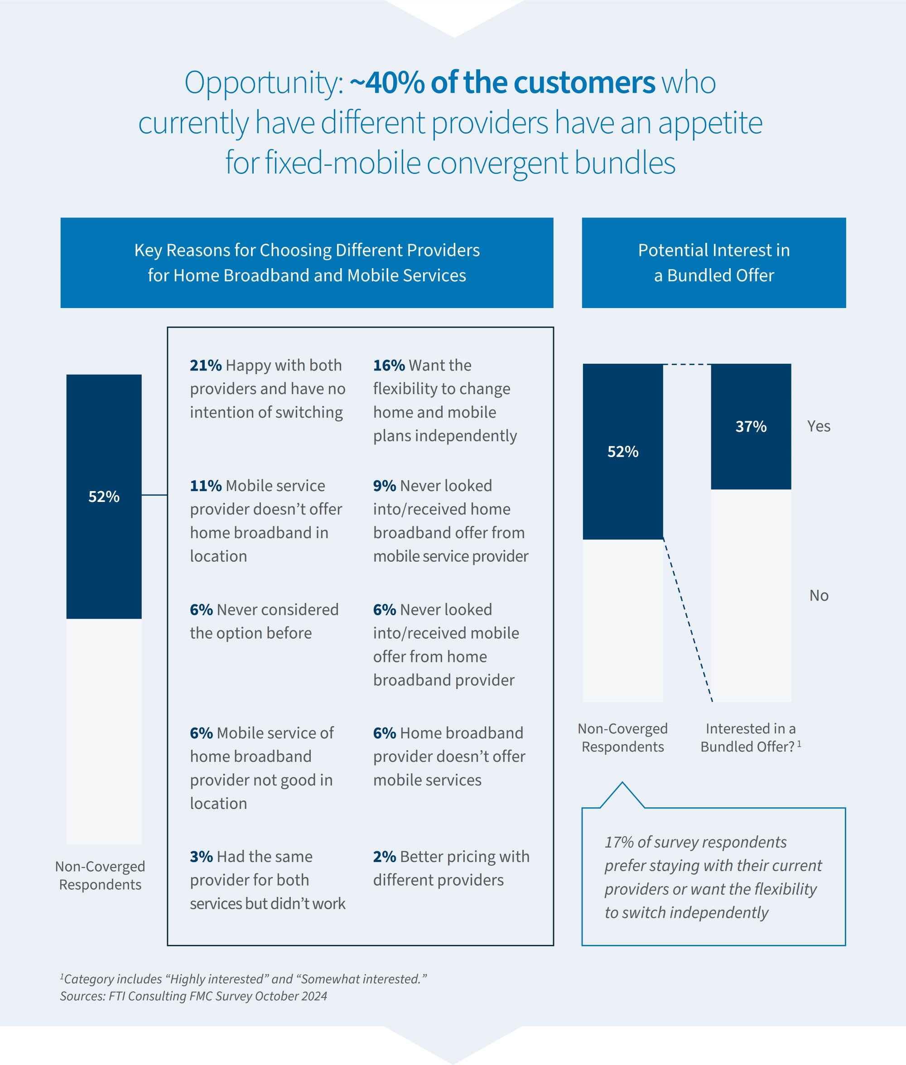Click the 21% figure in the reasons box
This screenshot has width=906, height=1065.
tap(206, 365)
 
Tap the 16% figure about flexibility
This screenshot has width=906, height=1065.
tap(389, 365)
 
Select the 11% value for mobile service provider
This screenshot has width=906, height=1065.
tap(206, 485)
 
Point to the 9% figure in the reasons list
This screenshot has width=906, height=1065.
tap(384, 485)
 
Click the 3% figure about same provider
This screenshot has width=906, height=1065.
tap(201, 856)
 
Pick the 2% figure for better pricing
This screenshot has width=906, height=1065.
tap(384, 856)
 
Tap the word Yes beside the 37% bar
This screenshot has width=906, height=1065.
tap(818, 426)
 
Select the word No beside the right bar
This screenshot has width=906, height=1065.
tap(819, 595)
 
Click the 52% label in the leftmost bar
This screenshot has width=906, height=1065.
tap(104, 496)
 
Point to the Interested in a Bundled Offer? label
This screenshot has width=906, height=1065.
tap(750, 737)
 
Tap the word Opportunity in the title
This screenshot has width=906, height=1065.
tap(263, 82)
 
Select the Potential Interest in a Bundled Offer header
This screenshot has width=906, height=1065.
tap(713, 262)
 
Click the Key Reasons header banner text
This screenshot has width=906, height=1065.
tap(307, 262)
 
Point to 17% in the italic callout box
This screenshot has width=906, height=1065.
tap(619, 842)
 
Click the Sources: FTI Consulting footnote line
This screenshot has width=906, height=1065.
tap(193, 996)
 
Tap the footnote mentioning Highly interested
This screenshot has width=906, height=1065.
tap(243, 979)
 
